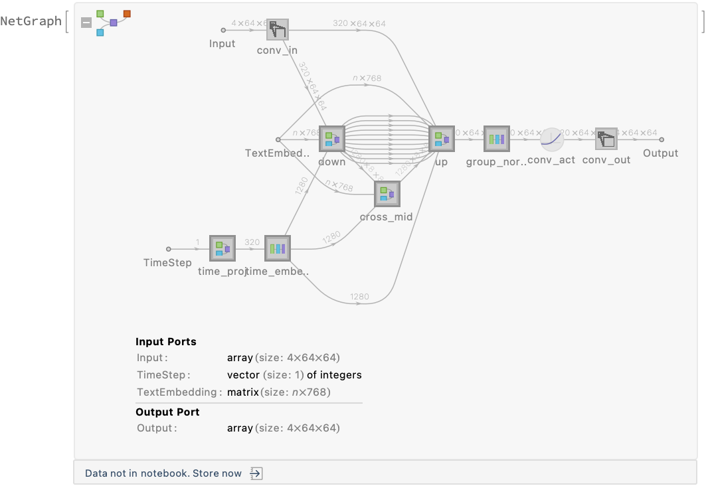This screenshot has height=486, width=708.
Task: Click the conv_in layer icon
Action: pyautogui.click(x=278, y=30)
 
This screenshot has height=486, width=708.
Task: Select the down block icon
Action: pyautogui.click(x=331, y=139)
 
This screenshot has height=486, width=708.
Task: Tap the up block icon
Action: pyautogui.click(x=441, y=139)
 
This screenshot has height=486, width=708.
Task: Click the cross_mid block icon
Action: pyautogui.click(x=386, y=194)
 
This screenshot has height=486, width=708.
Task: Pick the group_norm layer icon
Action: pyautogui.click(x=496, y=139)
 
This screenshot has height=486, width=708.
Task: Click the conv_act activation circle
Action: pyautogui.click(x=551, y=139)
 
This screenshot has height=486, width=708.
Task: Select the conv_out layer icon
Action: pyautogui.click(x=606, y=139)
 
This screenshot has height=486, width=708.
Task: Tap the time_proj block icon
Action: pyautogui.click(x=222, y=249)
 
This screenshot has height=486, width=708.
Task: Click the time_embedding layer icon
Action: pyautogui.click(x=277, y=249)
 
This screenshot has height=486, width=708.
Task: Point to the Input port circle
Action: pyautogui.click(x=223, y=30)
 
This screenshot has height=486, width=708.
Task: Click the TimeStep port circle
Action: pyautogui.click(x=168, y=249)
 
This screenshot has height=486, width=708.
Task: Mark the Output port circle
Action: pyautogui.click(x=661, y=139)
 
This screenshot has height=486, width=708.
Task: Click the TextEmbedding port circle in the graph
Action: pyautogui.click(x=278, y=139)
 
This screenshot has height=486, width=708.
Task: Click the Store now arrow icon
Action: pyautogui.click(x=256, y=473)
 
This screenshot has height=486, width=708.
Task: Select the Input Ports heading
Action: pyautogui.click(x=166, y=342)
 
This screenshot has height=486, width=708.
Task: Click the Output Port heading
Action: pyautogui.click(x=167, y=412)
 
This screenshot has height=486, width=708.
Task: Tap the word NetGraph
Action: pyautogui.click(x=31, y=21)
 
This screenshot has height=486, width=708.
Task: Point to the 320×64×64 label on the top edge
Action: pyautogui.click(x=359, y=24)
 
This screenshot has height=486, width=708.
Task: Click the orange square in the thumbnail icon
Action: pyautogui.click(x=127, y=13)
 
